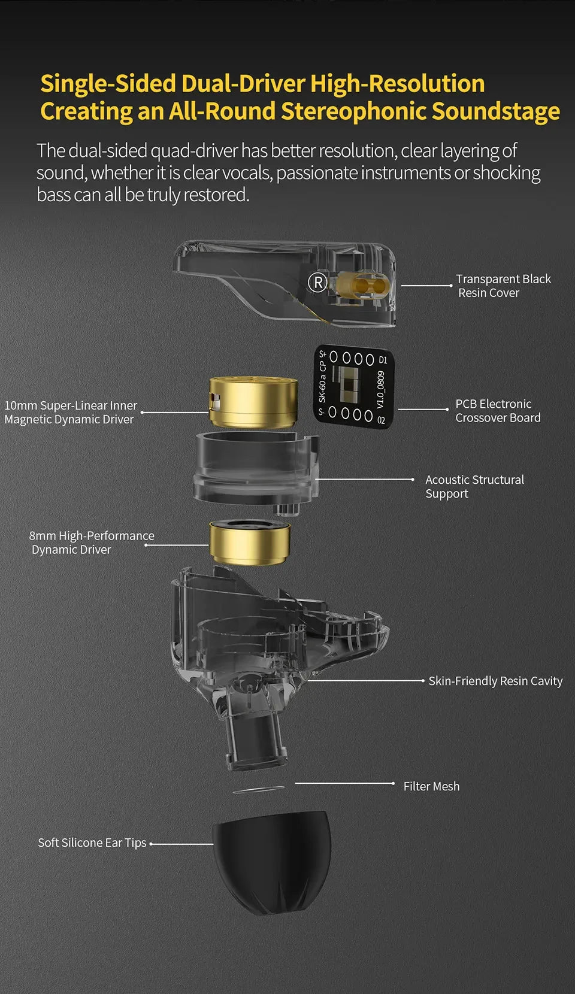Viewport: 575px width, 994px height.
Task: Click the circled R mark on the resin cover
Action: (x=317, y=282)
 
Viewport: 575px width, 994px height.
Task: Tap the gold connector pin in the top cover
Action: (x=362, y=285)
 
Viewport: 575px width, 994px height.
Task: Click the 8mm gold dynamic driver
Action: (x=250, y=542)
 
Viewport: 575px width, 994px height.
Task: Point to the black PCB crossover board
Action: (x=353, y=387)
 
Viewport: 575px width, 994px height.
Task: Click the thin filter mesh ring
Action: (x=259, y=790)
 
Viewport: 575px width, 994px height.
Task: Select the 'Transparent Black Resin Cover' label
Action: (x=503, y=286)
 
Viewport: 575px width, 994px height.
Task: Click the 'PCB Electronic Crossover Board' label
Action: (x=497, y=411)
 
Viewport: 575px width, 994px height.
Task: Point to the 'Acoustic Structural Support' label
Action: (x=474, y=486)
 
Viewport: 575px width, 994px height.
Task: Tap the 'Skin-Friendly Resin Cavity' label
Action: (x=495, y=681)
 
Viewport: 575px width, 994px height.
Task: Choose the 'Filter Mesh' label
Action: (x=431, y=786)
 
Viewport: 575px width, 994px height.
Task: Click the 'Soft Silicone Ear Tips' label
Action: (x=92, y=843)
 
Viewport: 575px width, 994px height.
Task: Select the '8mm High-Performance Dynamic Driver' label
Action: (x=91, y=543)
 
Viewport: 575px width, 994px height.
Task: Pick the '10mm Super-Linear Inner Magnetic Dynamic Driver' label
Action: (x=71, y=413)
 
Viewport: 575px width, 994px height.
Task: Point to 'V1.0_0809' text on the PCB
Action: (x=381, y=389)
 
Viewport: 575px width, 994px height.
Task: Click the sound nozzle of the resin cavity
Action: (x=252, y=740)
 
